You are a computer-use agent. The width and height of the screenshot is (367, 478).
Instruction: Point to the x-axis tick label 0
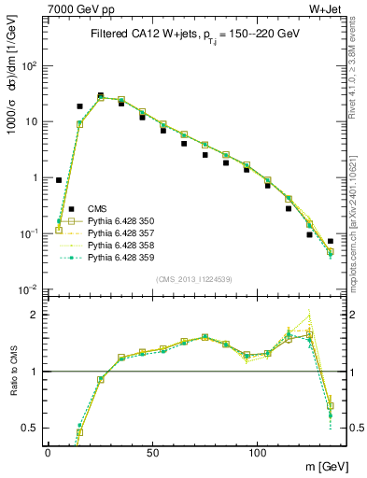pyautogui.click(x=48, y=452)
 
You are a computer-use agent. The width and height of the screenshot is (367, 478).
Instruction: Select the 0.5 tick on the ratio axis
pyautogui.click(x=31, y=428)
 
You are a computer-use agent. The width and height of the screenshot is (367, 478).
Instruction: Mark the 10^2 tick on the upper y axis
pyautogui.click(x=30, y=66)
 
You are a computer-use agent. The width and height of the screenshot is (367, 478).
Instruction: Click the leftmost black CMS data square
pyautogui.click(x=59, y=180)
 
